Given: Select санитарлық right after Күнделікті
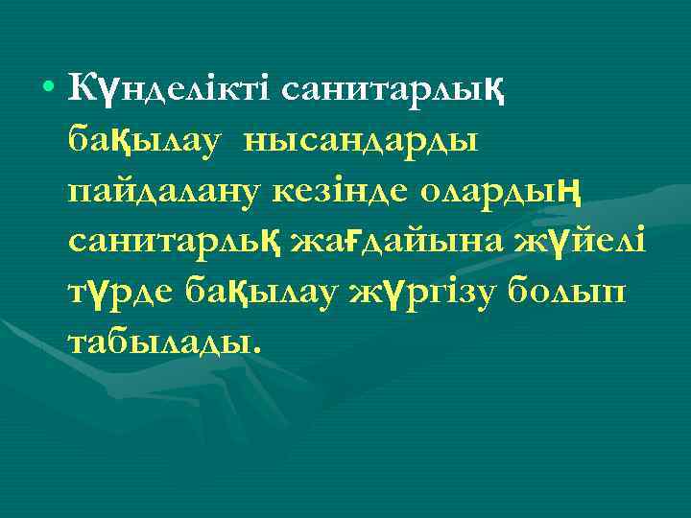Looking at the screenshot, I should (393, 89).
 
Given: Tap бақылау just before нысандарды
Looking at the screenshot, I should (146, 141).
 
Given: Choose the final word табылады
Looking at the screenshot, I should (158, 342).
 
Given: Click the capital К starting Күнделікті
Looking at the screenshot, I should (80, 89).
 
